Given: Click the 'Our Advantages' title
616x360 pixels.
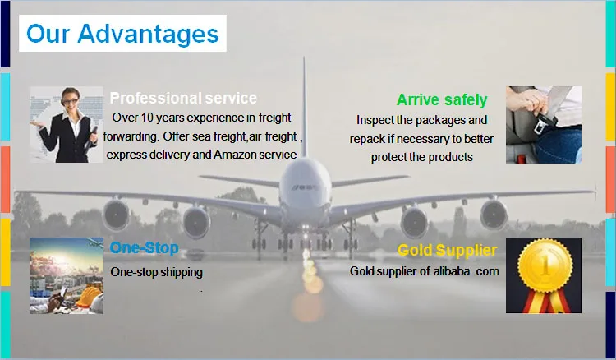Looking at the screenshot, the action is (122, 34).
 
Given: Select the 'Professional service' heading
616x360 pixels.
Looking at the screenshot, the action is (183, 98).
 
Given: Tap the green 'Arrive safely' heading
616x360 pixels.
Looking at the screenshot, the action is (442, 99).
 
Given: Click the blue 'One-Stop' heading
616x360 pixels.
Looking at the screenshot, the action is (145, 247).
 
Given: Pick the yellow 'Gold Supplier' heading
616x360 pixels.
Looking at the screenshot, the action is (447, 250).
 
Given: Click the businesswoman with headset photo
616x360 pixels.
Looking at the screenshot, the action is (67, 125).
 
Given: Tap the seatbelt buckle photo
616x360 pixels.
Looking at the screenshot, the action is (544, 125).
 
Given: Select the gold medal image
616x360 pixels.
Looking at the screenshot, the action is (544, 275).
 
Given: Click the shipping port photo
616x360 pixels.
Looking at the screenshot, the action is (67, 275).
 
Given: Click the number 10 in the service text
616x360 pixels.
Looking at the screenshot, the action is (146, 118).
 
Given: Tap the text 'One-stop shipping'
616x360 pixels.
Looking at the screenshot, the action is (156, 272).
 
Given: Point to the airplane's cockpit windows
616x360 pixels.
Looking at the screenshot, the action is (305, 187).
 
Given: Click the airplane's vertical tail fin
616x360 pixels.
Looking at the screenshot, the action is (304, 107).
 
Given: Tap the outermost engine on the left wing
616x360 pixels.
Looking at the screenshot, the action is (117, 215).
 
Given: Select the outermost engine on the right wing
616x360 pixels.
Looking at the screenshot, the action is (494, 215).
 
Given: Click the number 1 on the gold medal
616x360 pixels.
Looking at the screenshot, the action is (545, 265).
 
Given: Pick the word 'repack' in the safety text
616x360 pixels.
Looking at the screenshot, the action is (362, 140).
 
